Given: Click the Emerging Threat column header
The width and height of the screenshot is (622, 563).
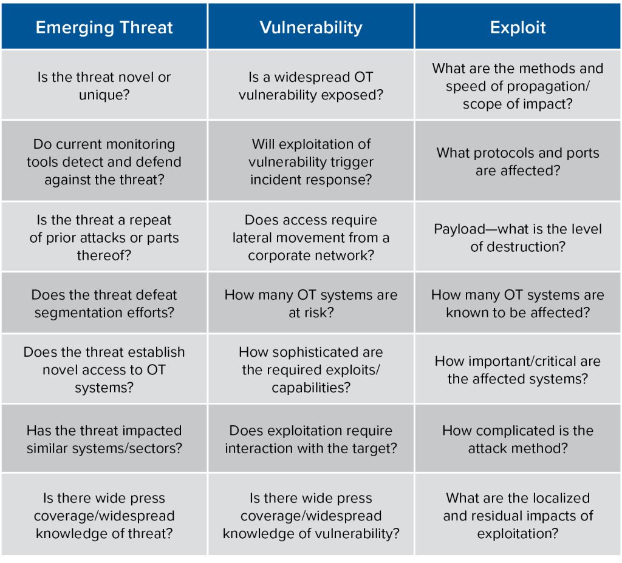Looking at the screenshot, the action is (x=104, y=27).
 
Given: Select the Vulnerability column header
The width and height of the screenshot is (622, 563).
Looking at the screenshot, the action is (x=311, y=27).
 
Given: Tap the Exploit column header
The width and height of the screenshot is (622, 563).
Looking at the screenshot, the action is (x=518, y=27).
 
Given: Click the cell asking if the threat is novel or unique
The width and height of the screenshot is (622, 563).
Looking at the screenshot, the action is (x=104, y=85).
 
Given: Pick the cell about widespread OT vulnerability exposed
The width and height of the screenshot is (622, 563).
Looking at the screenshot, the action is (x=311, y=85).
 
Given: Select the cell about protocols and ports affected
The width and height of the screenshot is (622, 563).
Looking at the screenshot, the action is (x=518, y=161).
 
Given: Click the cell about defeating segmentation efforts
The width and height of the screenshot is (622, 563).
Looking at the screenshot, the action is (x=104, y=303).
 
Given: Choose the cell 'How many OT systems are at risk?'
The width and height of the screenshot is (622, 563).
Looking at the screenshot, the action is (x=311, y=303).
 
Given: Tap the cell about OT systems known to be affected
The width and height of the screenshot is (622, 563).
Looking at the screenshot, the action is (x=518, y=303).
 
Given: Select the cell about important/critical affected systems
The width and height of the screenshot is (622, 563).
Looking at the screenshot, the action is (x=518, y=369).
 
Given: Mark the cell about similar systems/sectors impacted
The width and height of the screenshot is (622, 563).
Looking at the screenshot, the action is (x=104, y=439).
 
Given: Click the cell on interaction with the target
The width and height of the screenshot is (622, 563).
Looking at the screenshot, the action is (x=311, y=439).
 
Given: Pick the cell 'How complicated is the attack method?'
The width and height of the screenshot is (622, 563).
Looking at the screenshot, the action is (x=518, y=439).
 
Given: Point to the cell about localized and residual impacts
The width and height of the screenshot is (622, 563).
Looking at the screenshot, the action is (x=518, y=514).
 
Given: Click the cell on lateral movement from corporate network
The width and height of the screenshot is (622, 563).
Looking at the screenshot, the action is (x=311, y=237).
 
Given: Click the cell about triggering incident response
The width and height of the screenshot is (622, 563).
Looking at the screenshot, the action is (x=311, y=161).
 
